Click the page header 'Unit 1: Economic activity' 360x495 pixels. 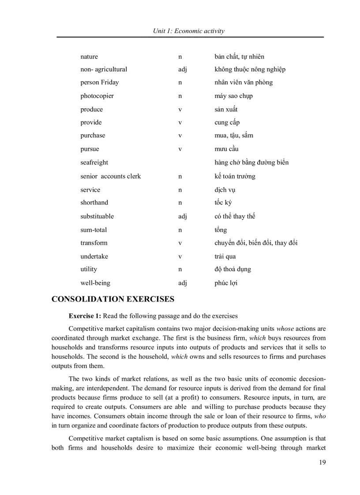[x=188, y=31]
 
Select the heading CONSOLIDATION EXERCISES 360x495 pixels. [x=113, y=299]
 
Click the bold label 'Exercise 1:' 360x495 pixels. [x=85, y=316]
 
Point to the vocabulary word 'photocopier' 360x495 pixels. [x=97, y=96]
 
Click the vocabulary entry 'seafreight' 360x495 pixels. [x=94, y=162]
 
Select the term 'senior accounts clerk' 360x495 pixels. [x=110, y=176]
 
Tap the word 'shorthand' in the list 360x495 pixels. [x=94, y=203]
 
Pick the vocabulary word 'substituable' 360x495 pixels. [x=97, y=216]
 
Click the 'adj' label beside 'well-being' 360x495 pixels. [x=182, y=283]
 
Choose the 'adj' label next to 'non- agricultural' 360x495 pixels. [x=182, y=69]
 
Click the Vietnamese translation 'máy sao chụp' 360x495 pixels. [x=233, y=96]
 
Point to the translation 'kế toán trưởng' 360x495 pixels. [x=235, y=176]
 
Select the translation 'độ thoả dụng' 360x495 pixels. [x=232, y=269]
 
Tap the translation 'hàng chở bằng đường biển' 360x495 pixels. [x=251, y=163]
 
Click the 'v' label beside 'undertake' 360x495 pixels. [x=180, y=257]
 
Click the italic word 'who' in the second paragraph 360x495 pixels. [x=320, y=416]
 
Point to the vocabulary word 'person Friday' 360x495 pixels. [x=99, y=82]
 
